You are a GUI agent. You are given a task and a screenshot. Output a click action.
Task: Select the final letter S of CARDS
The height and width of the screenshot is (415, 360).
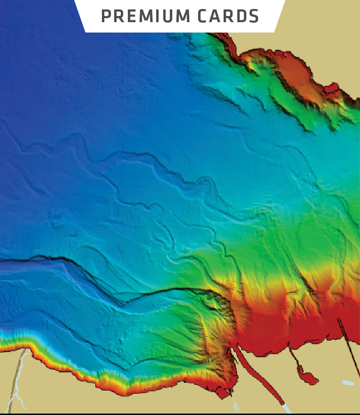[x=254, y=16]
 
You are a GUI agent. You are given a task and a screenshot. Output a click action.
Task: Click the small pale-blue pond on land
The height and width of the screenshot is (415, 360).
[x=348, y=383]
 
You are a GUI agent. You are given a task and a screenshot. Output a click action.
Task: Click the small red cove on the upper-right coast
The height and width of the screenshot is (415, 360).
[x=332, y=87]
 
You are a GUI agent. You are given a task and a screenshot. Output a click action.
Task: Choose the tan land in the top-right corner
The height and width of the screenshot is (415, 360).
[x=330, y=28]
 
